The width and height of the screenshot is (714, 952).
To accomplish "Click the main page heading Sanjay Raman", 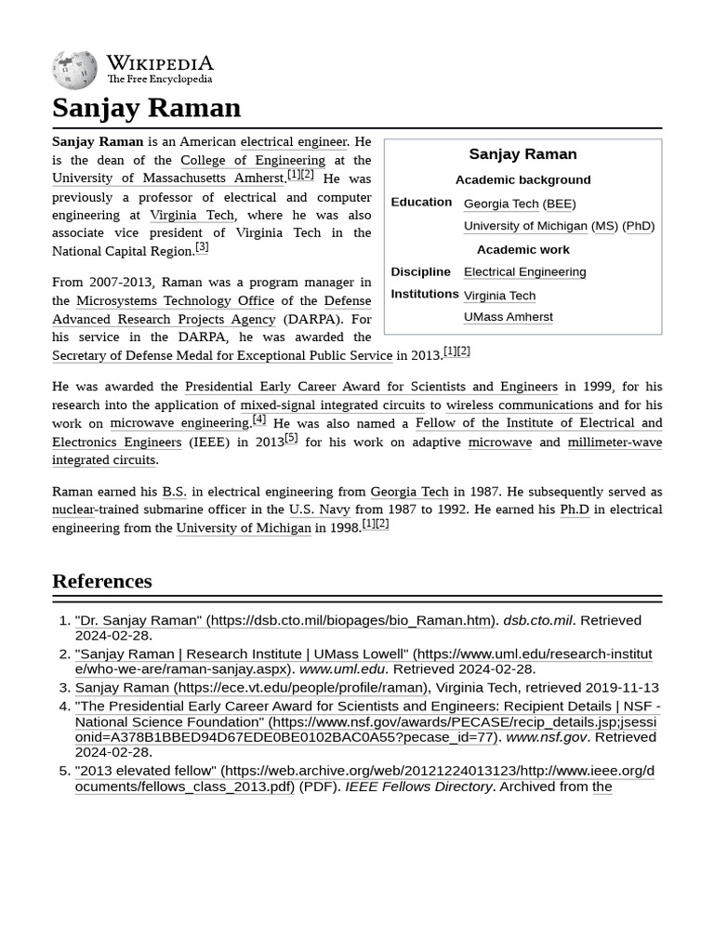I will click(146, 108).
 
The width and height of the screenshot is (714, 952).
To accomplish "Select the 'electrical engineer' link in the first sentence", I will click(294, 141).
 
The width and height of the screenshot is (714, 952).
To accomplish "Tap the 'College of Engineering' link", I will click(253, 160).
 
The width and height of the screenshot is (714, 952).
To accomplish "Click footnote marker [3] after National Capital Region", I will click(202, 247).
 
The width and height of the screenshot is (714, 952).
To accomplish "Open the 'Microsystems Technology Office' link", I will click(175, 300).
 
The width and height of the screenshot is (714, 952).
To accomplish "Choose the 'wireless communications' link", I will click(519, 404).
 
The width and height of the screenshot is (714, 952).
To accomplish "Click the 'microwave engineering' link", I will click(179, 423).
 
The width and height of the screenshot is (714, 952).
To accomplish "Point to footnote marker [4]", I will click(259, 419).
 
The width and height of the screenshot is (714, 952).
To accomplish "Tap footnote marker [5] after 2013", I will click(291, 438).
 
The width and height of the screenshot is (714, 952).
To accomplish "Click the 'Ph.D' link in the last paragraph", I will click(574, 509).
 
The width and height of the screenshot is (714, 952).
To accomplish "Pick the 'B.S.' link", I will click(174, 491).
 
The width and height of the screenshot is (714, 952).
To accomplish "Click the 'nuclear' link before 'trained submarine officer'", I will click(73, 509).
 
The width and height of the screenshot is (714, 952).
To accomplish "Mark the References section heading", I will click(101, 581).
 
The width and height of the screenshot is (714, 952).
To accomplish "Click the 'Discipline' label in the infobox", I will click(420, 271).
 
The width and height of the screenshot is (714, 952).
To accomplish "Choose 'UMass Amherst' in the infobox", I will click(508, 317).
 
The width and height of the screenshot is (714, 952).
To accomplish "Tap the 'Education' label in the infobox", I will click(421, 202).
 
